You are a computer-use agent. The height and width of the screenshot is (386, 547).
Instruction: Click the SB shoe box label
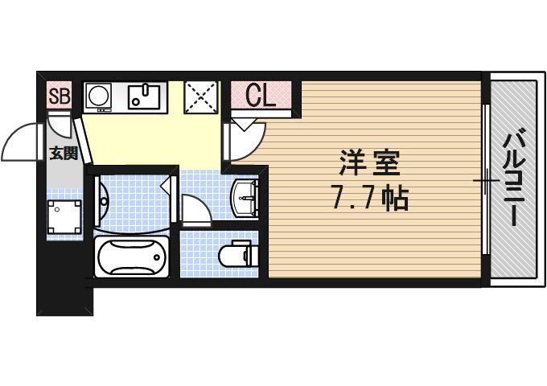coord(60,97)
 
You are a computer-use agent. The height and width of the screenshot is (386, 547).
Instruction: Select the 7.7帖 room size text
coord(370,197)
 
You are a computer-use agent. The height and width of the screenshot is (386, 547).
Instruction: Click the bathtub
coord(130,257)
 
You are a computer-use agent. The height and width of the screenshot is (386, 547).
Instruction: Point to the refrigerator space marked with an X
coord(199,97)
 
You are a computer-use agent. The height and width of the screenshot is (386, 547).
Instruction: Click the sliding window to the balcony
coord(486,181)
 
